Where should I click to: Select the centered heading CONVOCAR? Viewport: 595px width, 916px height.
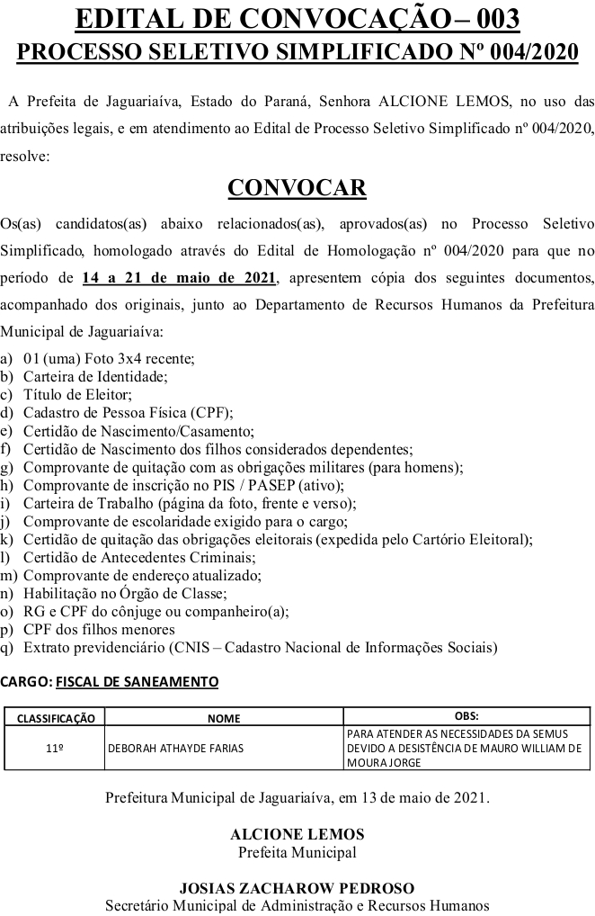(x=297, y=187)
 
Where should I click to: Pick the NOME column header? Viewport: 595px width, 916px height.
(x=224, y=718)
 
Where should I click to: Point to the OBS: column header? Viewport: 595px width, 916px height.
(x=466, y=716)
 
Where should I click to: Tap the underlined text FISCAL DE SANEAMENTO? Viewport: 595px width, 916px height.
(x=137, y=682)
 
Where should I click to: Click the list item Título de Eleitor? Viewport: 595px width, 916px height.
(x=78, y=394)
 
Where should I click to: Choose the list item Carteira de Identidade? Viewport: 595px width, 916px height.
(x=95, y=376)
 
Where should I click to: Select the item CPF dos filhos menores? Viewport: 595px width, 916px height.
(x=99, y=629)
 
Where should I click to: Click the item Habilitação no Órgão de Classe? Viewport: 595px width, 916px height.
(x=125, y=593)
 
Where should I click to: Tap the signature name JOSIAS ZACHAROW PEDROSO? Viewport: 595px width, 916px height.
(x=297, y=888)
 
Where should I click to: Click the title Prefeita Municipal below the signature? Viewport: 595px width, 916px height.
(x=297, y=852)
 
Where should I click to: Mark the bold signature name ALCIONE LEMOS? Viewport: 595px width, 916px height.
(x=297, y=834)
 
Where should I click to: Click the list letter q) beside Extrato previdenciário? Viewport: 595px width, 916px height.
(x=7, y=647)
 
